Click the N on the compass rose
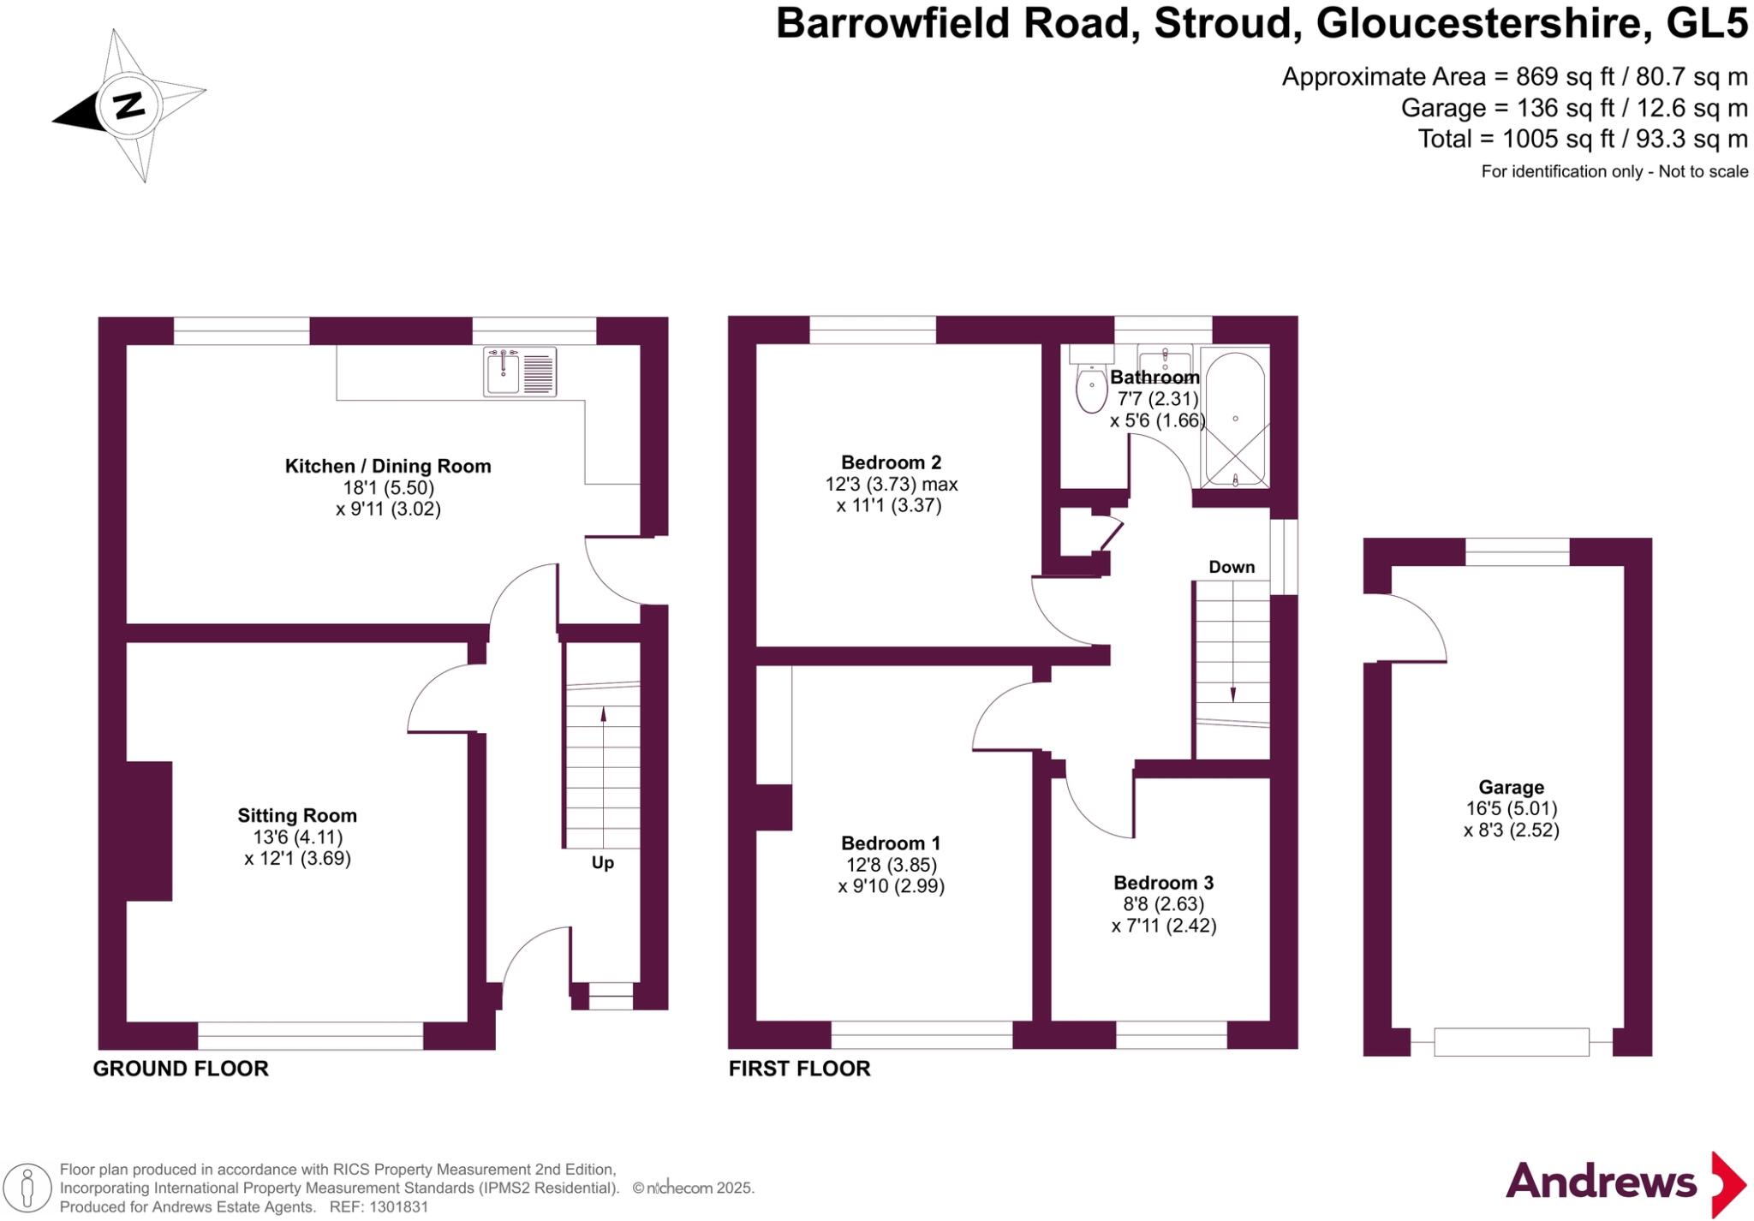(129, 105)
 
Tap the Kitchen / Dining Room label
(388, 466)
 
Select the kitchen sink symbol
(520, 372)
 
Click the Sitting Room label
(297, 815)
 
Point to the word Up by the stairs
(603, 862)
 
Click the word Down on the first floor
(1232, 567)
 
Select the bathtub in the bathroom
(1235, 418)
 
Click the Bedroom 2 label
(891, 462)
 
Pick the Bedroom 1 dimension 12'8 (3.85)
(891, 865)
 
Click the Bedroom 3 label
(1163, 883)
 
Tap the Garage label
(1511, 787)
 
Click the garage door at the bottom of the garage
(1512, 1042)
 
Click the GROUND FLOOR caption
(181, 1069)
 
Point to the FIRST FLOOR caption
(800, 1069)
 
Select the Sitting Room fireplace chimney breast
(149, 831)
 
